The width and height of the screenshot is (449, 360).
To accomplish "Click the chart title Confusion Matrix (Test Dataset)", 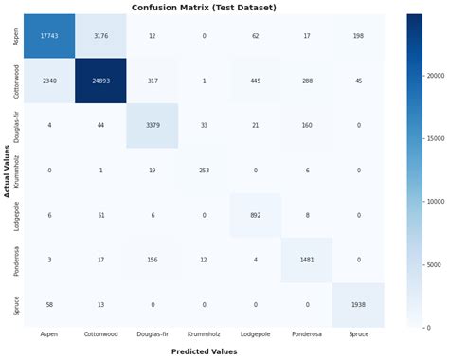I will (204, 7).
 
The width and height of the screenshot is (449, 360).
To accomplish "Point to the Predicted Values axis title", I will (204, 351).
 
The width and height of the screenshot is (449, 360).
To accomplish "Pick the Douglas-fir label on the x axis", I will (153, 334).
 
